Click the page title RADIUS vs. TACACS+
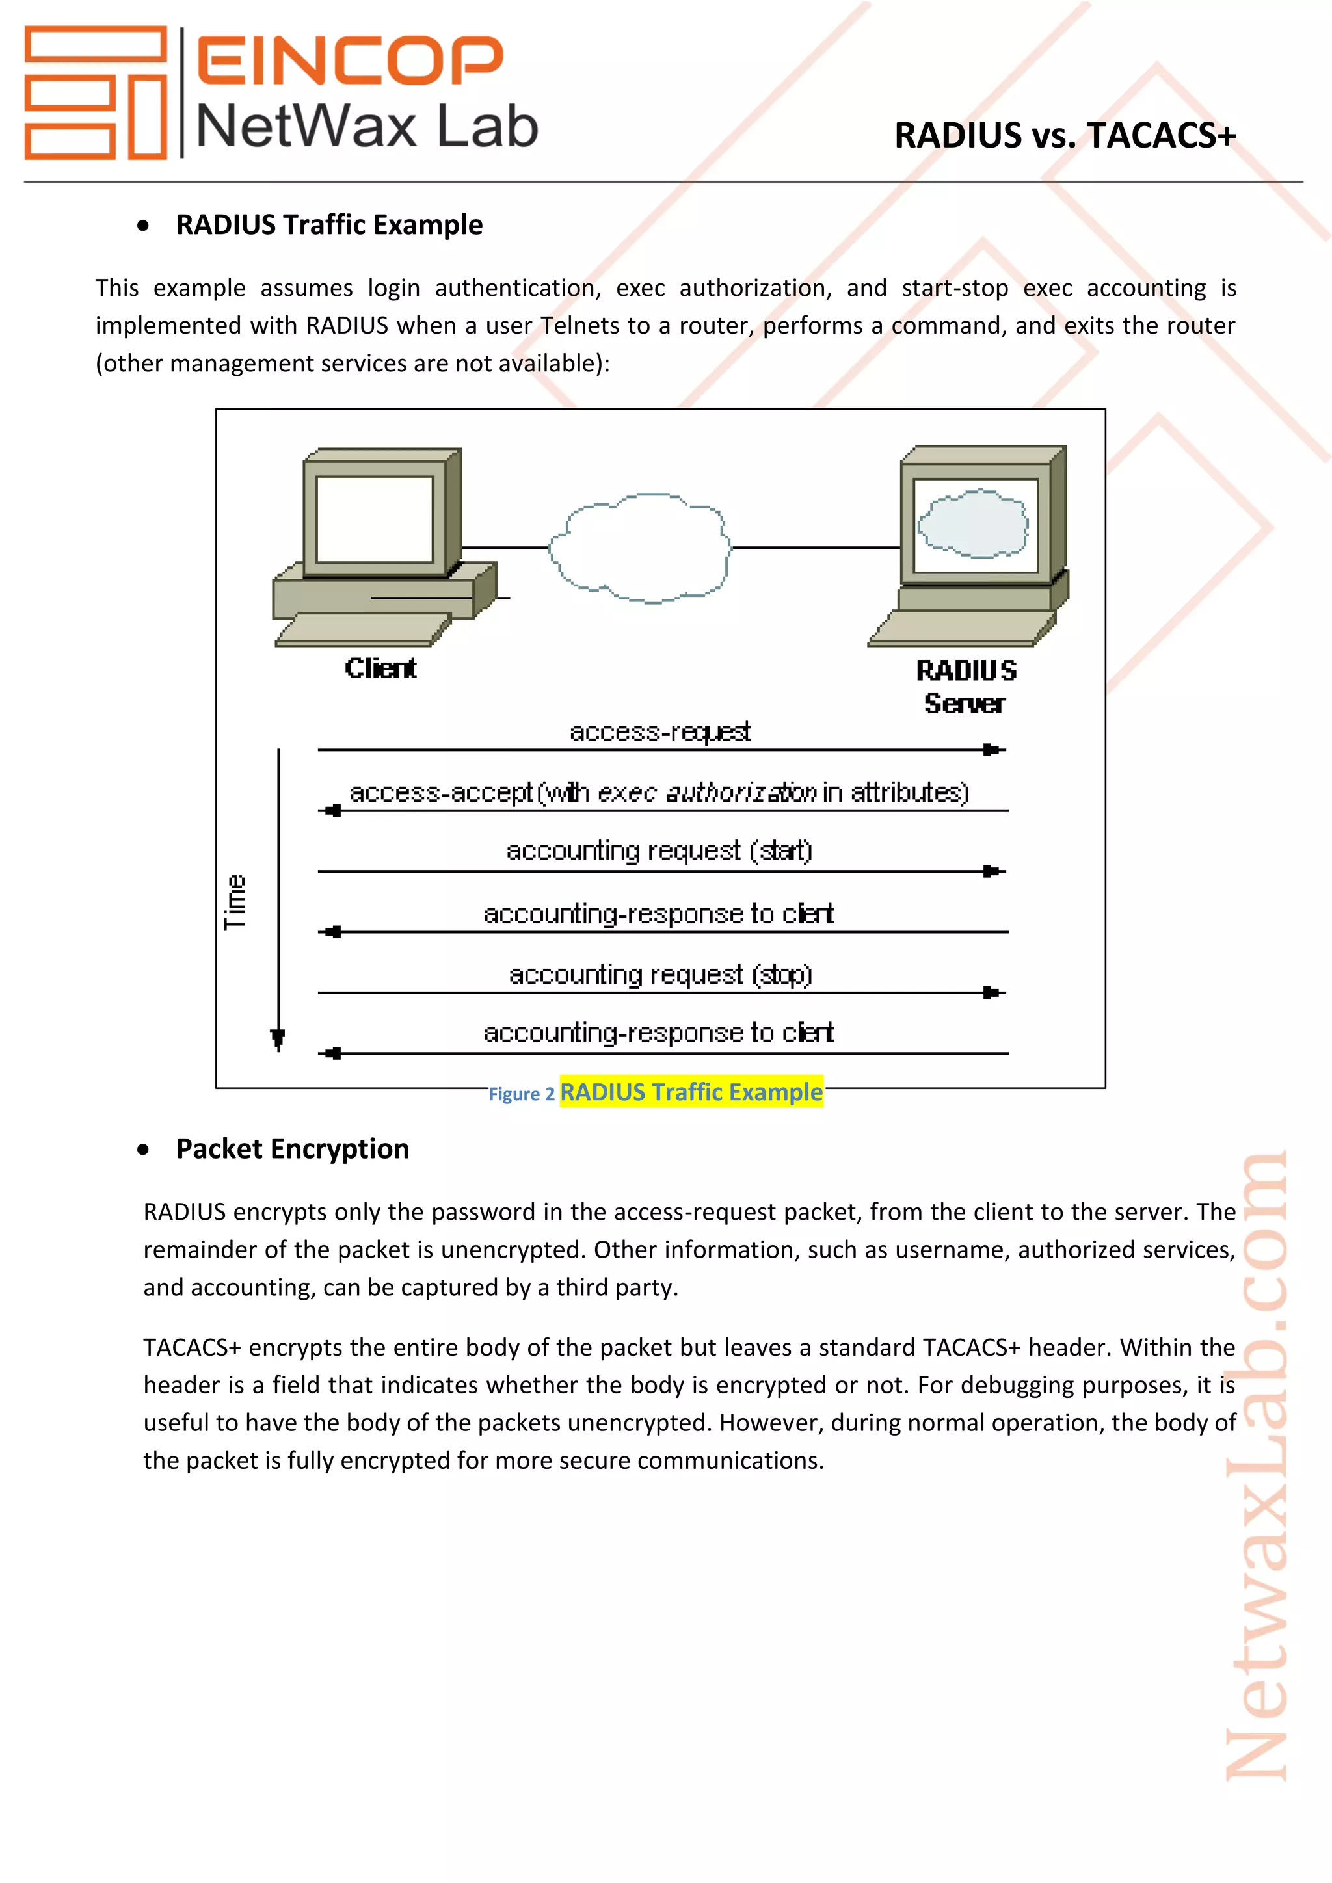click(x=1064, y=136)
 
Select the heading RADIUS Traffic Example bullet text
click(x=329, y=225)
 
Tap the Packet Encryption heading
click(x=292, y=1149)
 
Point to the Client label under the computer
click(x=380, y=668)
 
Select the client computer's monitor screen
click(x=374, y=519)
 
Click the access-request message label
click(x=659, y=731)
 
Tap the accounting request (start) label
click(x=659, y=851)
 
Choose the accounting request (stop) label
click(x=659, y=975)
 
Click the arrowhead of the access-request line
click(x=992, y=750)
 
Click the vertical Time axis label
click(x=235, y=901)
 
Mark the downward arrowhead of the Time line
click(x=278, y=1039)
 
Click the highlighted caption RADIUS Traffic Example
click(x=691, y=1092)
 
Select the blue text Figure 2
click(x=521, y=1095)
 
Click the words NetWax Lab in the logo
click(x=367, y=127)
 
